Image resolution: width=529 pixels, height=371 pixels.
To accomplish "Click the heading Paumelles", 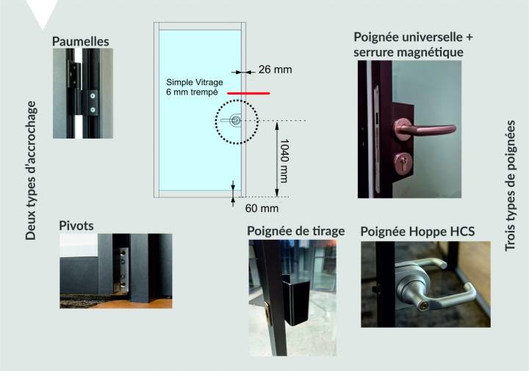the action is point(81,41).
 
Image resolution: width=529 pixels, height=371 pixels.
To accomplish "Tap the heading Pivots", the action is point(76,226).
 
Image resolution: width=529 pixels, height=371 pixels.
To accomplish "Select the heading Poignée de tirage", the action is point(296,231).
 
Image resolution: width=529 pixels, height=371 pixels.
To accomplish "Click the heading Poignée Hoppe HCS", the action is point(417,232).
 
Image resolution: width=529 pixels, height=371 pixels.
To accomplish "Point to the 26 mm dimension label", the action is point(276,70).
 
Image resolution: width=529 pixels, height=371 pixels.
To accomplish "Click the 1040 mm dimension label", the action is point(284,161).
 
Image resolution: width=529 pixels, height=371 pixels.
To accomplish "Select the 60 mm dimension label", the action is point(262,208).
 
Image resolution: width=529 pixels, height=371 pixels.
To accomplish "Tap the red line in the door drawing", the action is point(248,93).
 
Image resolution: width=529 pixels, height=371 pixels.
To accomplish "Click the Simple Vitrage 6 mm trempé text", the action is point(195,87).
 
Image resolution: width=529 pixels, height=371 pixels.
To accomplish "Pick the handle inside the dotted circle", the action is point(231,120).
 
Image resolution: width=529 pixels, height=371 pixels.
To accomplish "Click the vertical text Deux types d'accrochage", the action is point(31,170).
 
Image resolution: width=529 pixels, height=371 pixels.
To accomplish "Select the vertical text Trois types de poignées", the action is point(510,185).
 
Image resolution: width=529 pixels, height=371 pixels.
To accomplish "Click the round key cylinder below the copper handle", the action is point(403,164).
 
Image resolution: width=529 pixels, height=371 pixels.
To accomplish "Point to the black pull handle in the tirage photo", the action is point(296,301).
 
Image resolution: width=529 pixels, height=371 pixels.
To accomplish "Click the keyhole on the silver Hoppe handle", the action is point(424,306).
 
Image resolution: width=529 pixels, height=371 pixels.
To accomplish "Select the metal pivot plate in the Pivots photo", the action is point(123,269).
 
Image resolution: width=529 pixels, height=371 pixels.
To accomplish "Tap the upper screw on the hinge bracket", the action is point(93,96).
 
